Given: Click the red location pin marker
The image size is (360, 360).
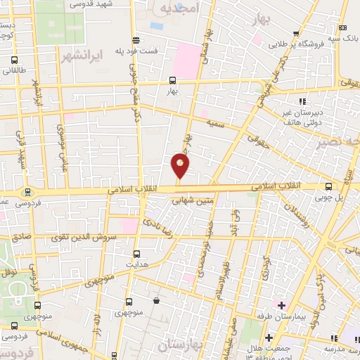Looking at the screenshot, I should point(181,166).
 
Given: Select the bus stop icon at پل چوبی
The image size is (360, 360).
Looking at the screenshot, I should point(330,186).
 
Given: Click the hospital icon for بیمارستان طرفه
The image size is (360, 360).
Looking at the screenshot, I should point(281,305).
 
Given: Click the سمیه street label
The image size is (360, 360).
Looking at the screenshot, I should point(215,122).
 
